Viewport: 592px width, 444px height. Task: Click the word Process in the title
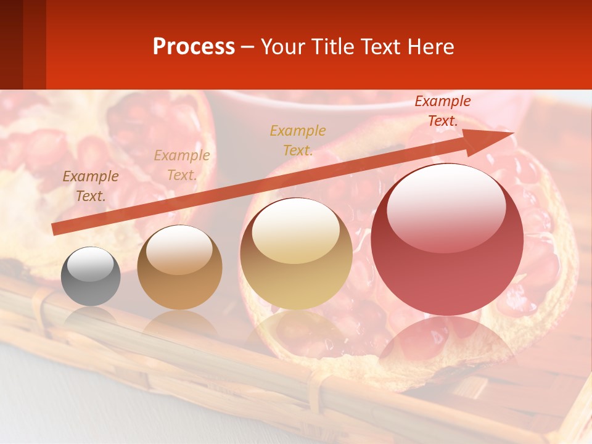coord(194,46)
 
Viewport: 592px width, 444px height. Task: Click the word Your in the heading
coord(283,46)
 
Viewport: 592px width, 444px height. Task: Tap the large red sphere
coord(447,247)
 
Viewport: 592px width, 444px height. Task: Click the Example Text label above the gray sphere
coord(91,186)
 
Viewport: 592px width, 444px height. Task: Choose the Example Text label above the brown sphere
coord(182,165)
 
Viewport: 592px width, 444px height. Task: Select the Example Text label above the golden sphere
coord(298,140)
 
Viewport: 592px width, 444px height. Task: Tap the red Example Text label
coord(442,111)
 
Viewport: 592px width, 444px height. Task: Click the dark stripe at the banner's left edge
coord(11,44)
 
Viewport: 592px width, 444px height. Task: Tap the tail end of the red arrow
coord(57,229)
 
